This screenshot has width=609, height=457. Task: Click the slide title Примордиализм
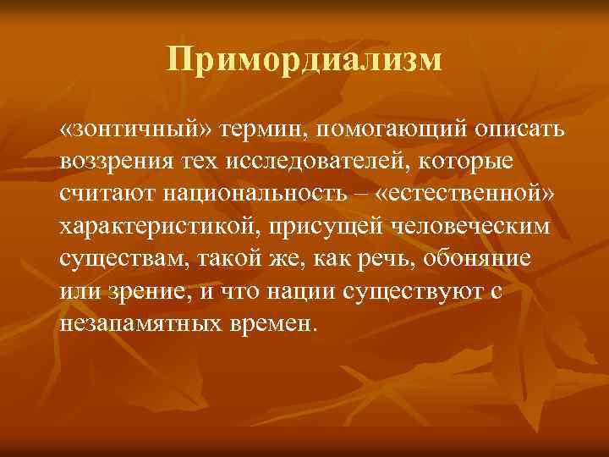click(304, 59)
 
